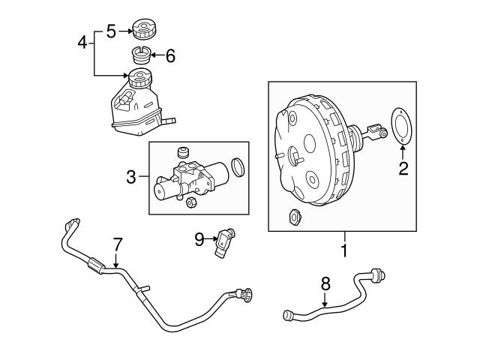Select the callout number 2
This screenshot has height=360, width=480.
point(403,168)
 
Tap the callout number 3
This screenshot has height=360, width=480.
point(130,178)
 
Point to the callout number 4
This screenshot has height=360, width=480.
point(83,43)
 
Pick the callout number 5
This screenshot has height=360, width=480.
point(110,31)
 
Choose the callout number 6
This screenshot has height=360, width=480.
point(169,55)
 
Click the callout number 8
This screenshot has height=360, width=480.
point(325,283)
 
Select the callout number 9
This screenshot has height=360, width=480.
point(199,239)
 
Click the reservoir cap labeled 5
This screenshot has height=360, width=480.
point(142,30)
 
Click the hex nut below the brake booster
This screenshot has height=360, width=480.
point(293,217)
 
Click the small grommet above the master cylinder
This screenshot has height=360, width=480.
point(181,152)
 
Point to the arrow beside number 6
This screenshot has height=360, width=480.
point(156,55)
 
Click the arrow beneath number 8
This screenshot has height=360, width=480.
point(325,301)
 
